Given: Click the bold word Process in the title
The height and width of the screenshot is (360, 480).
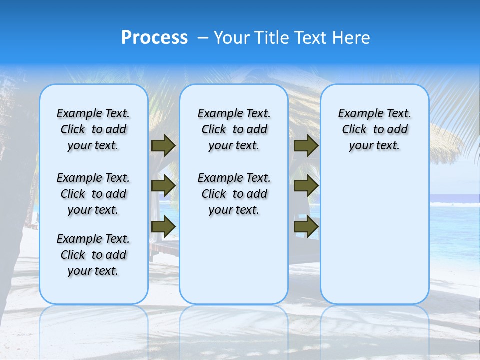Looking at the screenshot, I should tap(154, 37).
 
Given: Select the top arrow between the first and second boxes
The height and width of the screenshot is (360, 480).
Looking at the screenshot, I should tap(163, 145).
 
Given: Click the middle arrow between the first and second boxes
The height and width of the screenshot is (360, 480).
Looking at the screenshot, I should tap(163, 186).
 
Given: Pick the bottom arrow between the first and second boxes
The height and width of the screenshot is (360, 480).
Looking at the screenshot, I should tap(163, 226).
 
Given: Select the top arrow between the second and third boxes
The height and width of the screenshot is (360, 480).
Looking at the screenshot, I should tap(306, 145).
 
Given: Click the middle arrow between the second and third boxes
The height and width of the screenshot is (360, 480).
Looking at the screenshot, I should tap(306, 186).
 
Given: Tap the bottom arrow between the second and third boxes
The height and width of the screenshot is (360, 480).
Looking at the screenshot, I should tap(306, 226).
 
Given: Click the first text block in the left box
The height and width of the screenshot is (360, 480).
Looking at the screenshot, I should tap(93, 129).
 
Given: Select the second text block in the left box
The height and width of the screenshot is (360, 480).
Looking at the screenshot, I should tap(93, 194).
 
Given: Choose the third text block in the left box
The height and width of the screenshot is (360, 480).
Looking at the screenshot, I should tap(93, 255).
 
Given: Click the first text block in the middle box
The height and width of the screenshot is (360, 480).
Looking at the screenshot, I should tap(234, 129).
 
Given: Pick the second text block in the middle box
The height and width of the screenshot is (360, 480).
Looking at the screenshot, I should tap(234, 194).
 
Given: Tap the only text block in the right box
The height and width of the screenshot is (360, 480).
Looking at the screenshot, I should tap(374, 129).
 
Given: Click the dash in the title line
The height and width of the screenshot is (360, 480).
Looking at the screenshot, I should tap(202, 38).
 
